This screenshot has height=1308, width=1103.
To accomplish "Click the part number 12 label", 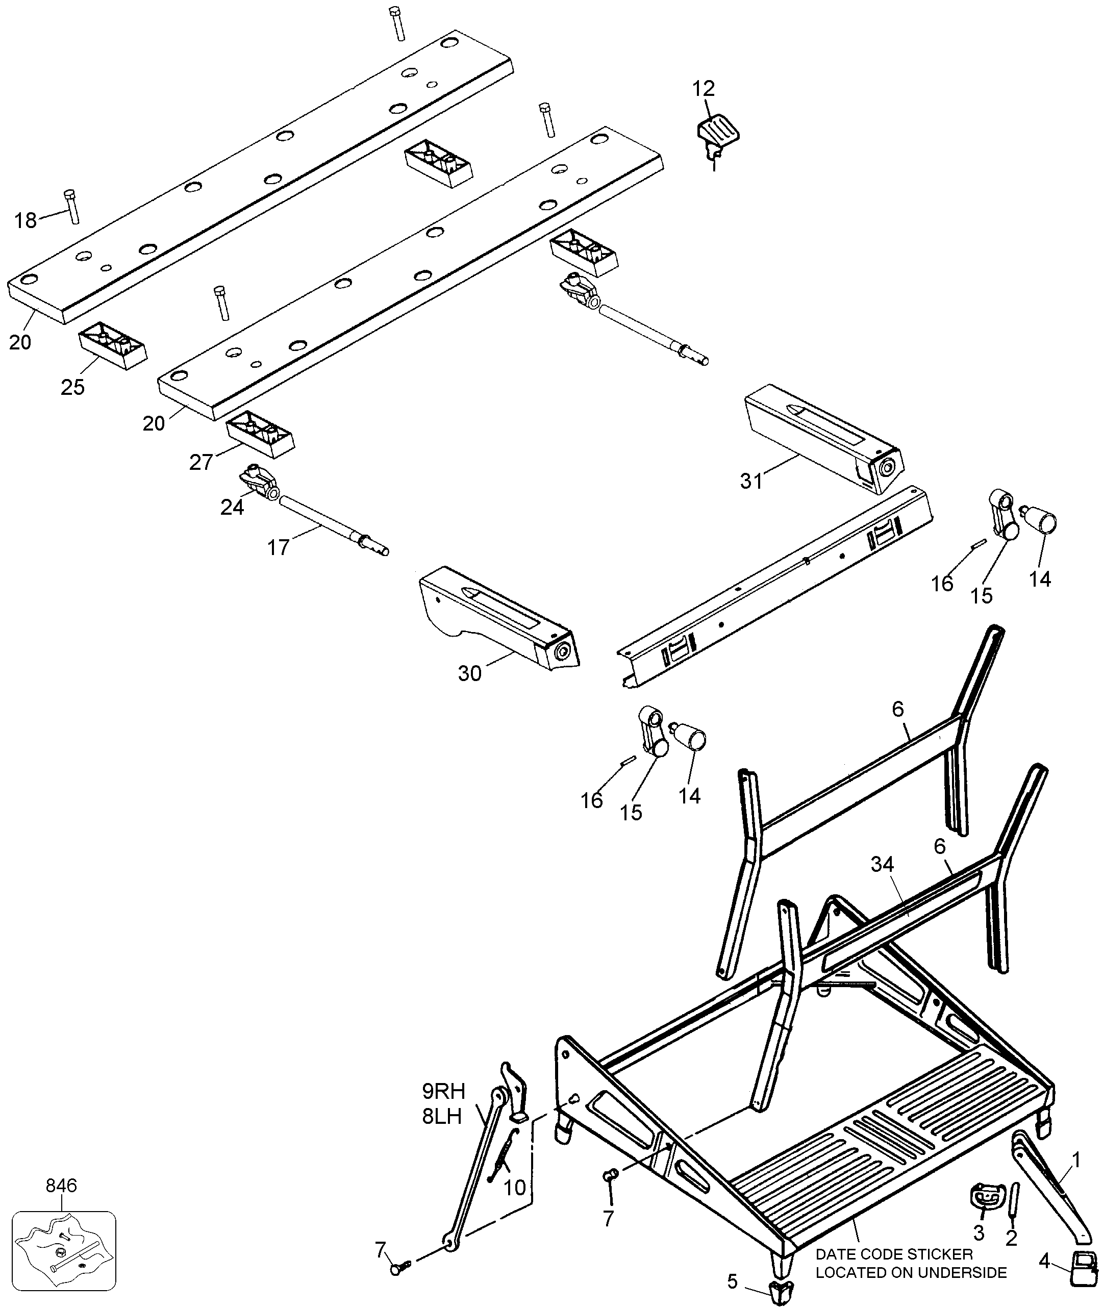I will pyautogui.click(x=704, y=88).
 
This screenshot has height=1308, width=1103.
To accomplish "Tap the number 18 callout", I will pyautogui.click(x=26, y=221).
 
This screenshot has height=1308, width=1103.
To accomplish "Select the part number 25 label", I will pyautogui.click(x=72, y=387).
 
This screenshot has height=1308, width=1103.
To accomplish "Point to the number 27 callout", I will pyautogui.click(x=202, y=462).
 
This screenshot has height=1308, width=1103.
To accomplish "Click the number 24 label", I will pyautogui.click(x=232, y=507).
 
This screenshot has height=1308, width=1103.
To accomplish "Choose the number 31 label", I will pyautogui.click(x=751, y=481).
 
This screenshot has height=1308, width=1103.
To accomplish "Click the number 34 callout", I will pyautogui.click(x=882, y=865).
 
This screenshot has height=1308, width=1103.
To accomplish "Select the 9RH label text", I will pyautogui.click(x=444, y=1091).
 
